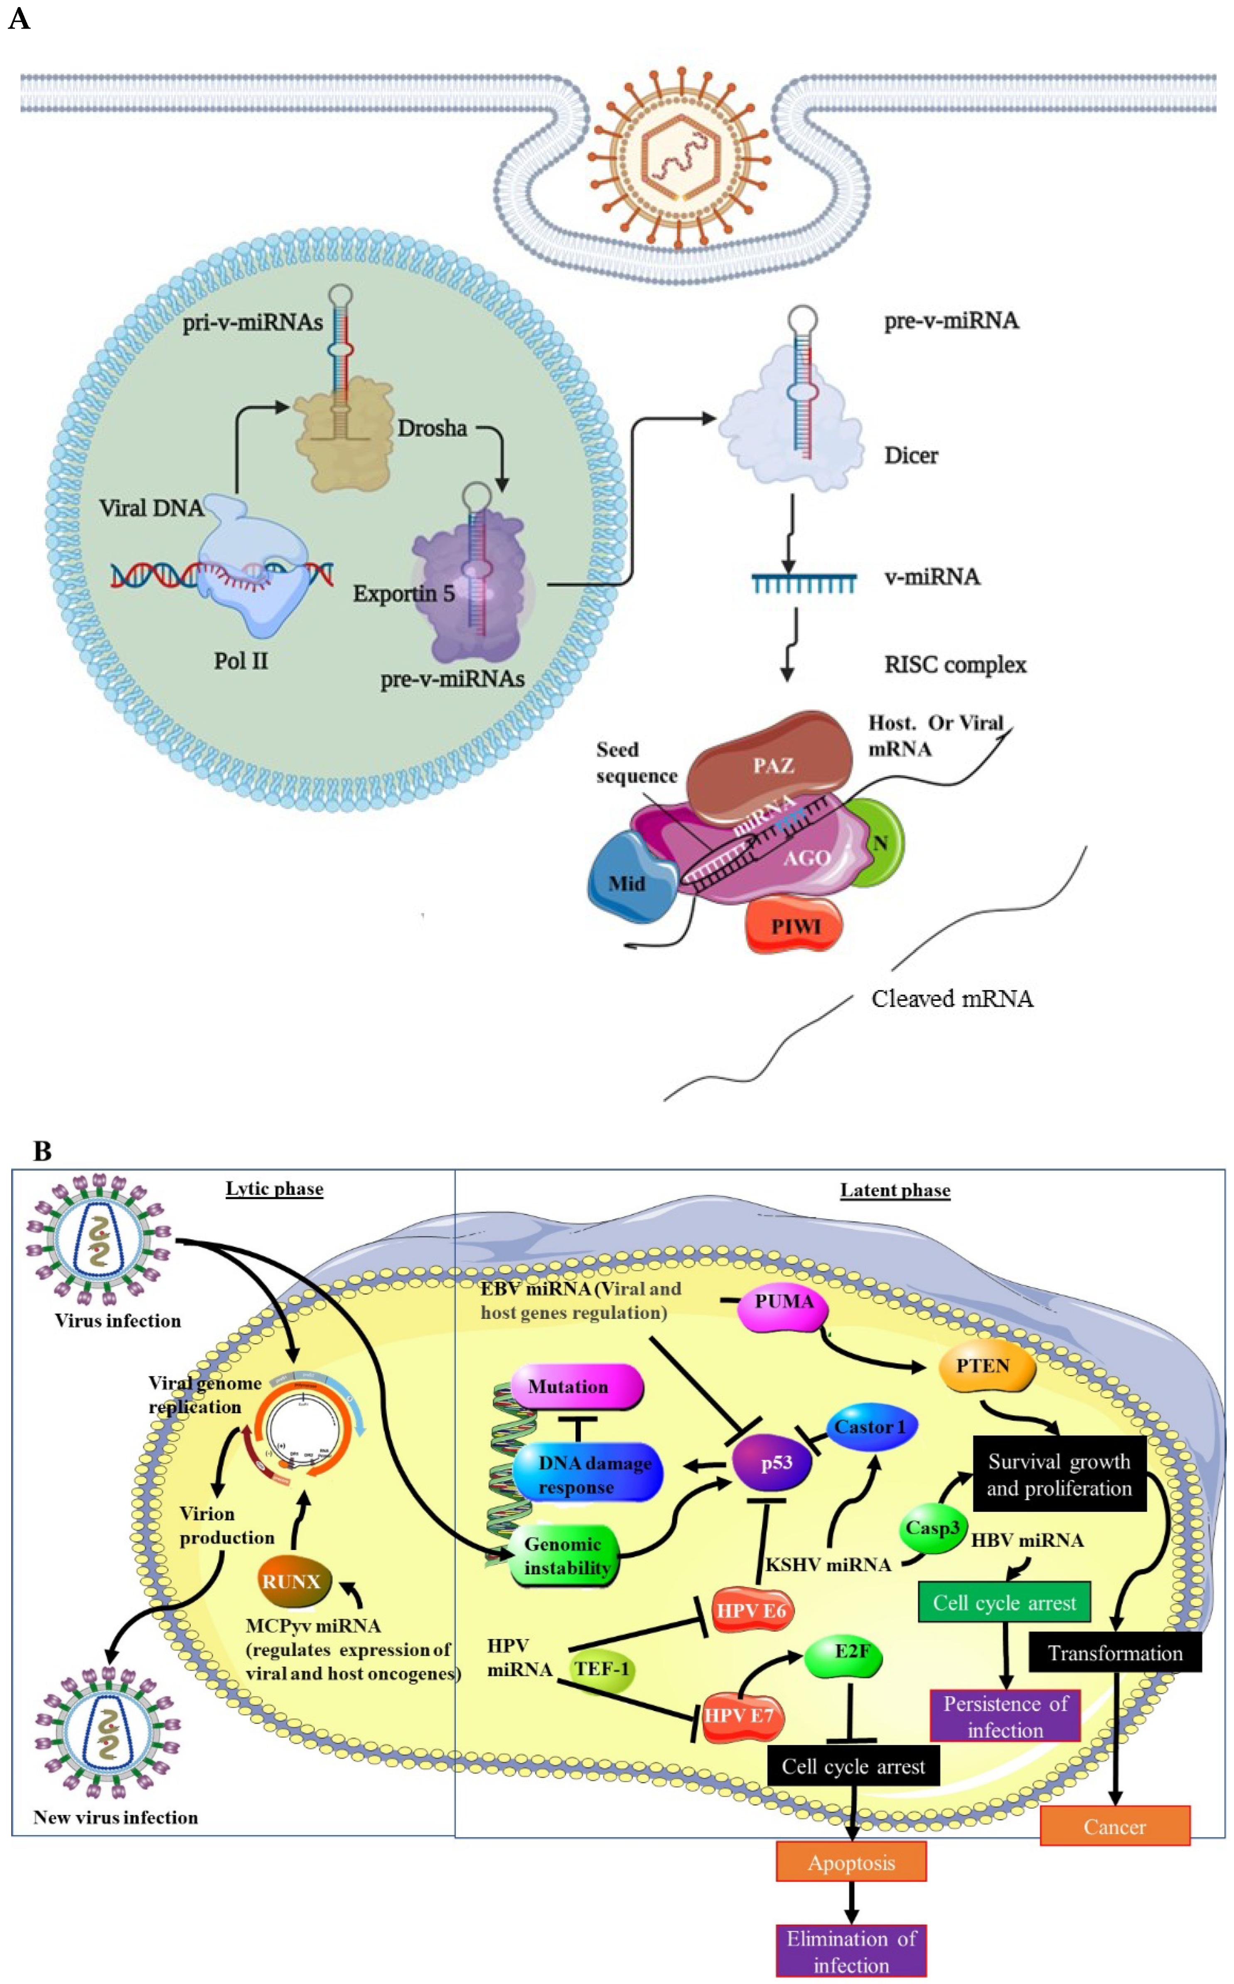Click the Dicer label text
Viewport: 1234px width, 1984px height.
(x=911, y=455)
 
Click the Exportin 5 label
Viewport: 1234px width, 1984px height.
(x=403, y=593)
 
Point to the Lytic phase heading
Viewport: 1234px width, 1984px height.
(x=274, y=1188)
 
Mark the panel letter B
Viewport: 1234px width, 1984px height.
(x=42, y=1151)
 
